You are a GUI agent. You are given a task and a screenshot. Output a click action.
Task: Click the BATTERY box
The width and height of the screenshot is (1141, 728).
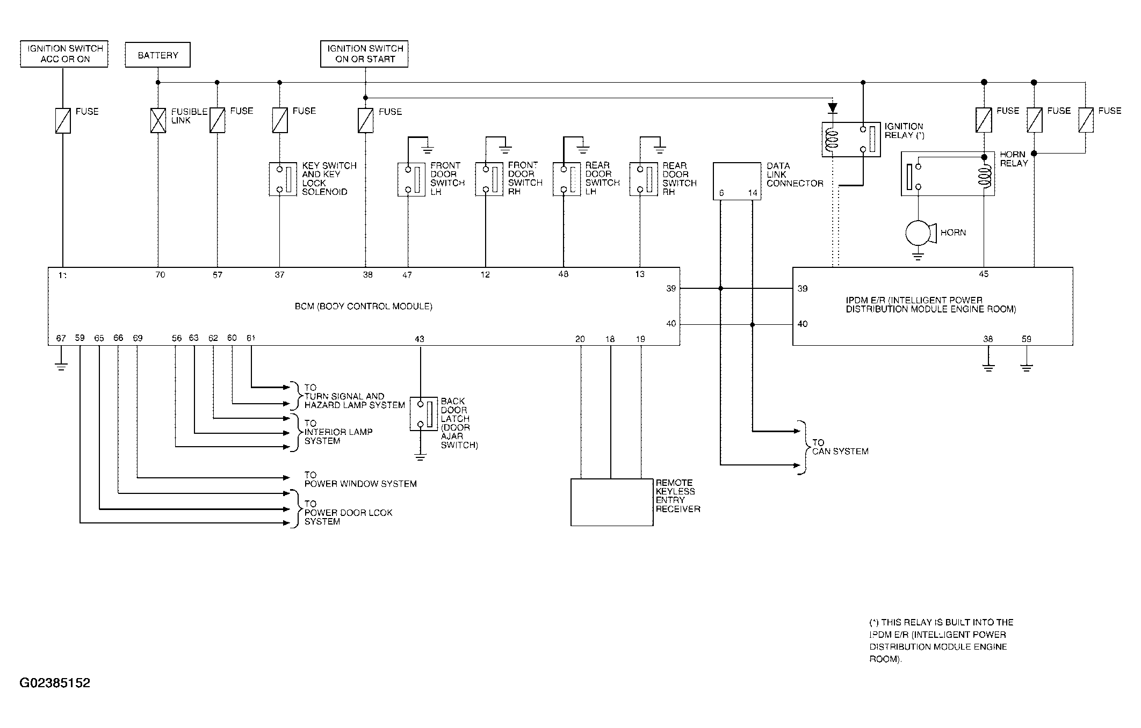click(x=157, y=55)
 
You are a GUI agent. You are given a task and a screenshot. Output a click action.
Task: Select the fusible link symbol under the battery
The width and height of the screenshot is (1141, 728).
click(x=158, y=120)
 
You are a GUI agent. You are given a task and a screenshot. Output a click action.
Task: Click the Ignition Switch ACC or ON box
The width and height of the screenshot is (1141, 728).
click(x=64, y=54)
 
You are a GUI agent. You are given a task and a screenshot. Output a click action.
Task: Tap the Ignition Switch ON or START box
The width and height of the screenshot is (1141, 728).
click(x=364, y=54)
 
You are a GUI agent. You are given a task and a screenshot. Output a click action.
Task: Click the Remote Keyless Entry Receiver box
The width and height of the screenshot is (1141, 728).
click(x=612, y=503)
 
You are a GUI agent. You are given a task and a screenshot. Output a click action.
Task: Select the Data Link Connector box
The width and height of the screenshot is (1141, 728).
click(x=737, y=181)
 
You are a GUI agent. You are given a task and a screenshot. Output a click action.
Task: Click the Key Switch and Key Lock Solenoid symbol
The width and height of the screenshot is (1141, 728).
click(x=283, y=179)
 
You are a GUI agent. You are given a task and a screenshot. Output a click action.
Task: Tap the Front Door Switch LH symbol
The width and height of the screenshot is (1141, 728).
click(x=411, y=179)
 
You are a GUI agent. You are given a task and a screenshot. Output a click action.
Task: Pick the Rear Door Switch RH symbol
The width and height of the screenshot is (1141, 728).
click(x=644, y=179)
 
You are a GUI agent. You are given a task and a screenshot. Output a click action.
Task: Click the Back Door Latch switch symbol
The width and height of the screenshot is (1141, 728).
click(x=424, y=414)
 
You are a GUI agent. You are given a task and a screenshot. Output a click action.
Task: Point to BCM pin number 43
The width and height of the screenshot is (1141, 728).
click(x=420, y=339)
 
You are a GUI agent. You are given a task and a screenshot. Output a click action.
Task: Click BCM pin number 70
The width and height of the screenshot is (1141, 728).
click(x=160, y=275)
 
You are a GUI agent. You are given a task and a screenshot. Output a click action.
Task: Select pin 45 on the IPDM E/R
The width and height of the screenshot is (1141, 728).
click(x=984, y=274)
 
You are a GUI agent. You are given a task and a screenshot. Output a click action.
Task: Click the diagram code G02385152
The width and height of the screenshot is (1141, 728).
click(x=55, y=683)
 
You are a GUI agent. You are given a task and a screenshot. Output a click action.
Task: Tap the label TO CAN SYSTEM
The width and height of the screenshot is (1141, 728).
click(x=840, y=447)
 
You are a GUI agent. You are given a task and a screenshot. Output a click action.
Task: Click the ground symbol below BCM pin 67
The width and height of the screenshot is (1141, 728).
click(x=61, y=367)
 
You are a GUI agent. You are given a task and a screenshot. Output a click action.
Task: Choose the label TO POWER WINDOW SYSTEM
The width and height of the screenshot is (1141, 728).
click(x=360, y=479)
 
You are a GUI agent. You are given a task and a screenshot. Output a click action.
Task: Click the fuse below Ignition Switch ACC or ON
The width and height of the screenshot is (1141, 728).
click(x=63, y=120)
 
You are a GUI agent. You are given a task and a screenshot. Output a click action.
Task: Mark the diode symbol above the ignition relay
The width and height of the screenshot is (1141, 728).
click(x=833, y=108)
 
